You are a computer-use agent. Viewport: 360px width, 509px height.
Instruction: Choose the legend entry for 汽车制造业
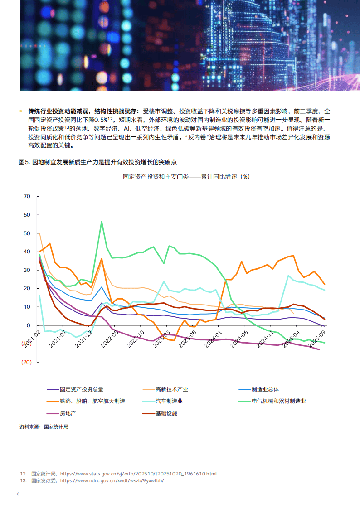coord(169,401)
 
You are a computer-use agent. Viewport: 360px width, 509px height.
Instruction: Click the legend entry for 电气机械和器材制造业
coord(279,401)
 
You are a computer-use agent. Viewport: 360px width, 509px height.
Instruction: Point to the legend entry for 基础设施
coord(166,413)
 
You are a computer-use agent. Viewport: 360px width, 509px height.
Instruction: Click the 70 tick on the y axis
coord(27,196)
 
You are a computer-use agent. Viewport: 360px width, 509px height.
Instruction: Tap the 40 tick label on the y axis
coord(27,252)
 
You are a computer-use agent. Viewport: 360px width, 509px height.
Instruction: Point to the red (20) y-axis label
coord(26,362)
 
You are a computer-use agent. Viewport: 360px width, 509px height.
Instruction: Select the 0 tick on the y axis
coord(28,325)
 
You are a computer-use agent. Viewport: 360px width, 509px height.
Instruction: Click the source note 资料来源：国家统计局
coord(44,427)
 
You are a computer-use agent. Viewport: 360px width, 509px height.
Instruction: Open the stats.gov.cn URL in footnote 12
coord(138,474)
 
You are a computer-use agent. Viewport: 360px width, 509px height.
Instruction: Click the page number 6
coord(18,494)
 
